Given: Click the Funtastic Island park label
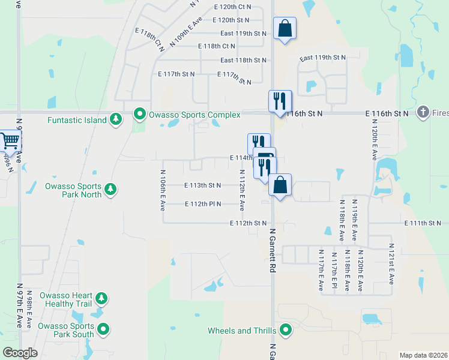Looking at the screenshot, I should click(77, 120).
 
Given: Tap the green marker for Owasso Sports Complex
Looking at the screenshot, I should click(140, 113).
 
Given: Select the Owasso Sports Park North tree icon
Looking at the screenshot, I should click(110, 190).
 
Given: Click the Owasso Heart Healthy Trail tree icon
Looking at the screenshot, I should click(101, 298).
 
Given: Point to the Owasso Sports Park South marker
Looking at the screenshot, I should click(104, 329).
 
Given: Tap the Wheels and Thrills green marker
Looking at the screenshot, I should click(286, 329).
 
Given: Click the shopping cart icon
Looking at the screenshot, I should click(9, 141).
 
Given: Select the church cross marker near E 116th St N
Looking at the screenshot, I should click(424, 112).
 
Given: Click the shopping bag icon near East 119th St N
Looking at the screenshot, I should click(285, 28).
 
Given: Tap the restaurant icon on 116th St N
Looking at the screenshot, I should click(280, 100).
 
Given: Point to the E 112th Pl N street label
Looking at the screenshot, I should click(202, 204).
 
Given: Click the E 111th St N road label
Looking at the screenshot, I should click(423, 223).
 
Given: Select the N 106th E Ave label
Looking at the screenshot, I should click(162, 190).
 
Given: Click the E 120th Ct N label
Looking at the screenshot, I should click(232, 7).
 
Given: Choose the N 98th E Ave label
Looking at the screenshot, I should click(29, 311).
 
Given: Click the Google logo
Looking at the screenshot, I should click(19, 353).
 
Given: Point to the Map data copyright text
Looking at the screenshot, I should click(423, 355).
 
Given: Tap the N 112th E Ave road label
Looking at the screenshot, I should click(242, 190).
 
